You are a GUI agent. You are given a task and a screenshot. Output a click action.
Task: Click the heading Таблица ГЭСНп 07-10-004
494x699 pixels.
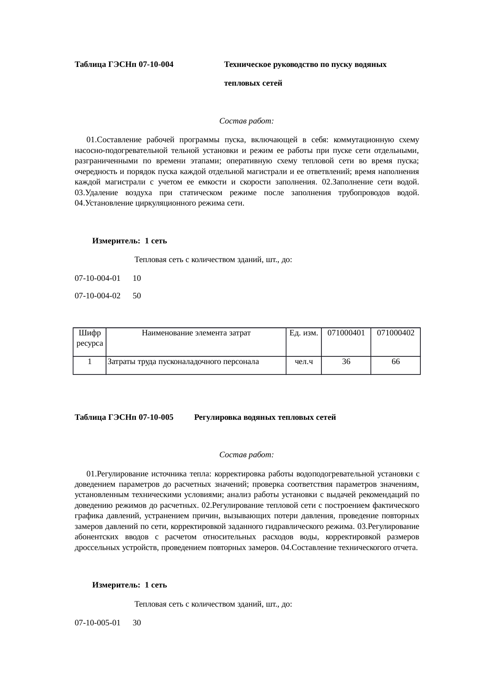coord(124,65)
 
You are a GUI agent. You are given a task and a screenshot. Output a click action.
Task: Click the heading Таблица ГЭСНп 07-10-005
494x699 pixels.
coord(124,417)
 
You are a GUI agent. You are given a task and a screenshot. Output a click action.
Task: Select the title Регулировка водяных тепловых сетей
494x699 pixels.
coord(265,417)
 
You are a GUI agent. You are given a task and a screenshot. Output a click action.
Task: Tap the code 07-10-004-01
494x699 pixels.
coord(98,278)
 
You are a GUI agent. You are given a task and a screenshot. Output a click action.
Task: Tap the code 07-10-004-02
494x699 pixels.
coord(98,296)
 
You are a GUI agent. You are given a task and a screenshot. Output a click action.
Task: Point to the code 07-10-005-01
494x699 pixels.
coord(98,623)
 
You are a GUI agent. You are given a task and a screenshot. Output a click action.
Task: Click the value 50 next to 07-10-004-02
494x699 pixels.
coord(137,296)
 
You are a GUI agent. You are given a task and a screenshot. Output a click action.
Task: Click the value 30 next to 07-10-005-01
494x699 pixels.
coord(137,623)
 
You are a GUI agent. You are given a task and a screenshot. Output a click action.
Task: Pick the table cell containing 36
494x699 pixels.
coord(346,362)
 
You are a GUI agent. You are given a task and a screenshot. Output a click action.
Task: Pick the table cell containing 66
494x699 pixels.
coord(396,362)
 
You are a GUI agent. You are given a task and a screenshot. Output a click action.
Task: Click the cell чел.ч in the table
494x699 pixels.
coord(304,362)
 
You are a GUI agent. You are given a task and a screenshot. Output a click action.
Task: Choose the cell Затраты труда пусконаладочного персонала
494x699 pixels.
coord(183,362)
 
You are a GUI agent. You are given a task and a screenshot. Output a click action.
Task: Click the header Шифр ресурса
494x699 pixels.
coord(90,338)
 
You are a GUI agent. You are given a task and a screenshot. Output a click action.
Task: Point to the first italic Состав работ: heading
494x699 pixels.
coord(246,121)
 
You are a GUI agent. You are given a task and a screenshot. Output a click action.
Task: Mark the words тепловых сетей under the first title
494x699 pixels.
coord(253,83)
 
